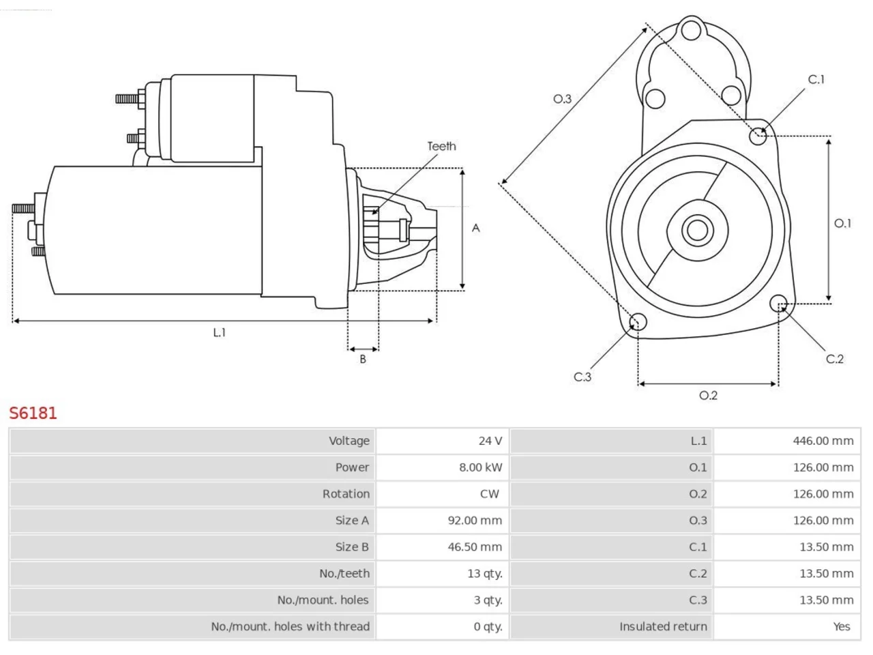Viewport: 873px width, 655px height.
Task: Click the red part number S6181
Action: pyautogui.click(x=33, y=413)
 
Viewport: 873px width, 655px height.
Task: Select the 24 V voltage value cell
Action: pyautogui.click(x=442, y=441)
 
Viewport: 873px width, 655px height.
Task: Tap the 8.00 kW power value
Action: pyautogui.click(x=480, y=467)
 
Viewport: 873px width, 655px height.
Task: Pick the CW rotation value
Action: pyautogui.click(x=489, y=494)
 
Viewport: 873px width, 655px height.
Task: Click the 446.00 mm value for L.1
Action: pyautogui.click(x=823, y=441)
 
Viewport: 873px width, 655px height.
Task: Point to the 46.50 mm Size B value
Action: pyautogui.click(x=475, y=547)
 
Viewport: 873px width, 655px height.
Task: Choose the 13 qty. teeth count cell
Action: pyautogui.click(x=442, y=574)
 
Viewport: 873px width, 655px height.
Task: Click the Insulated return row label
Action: pyautogui.click(x=663, y=627)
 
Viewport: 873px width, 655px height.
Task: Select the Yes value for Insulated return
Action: pyautogui.click(x=842, y=627)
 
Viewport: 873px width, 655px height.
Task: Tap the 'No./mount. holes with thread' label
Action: pyautogui.click(x=291, y=627)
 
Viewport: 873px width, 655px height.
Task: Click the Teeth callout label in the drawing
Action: pyautogui.click(x=441, y=146)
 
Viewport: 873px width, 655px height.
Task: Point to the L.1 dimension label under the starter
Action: pyautogui.click(x=219, y=332)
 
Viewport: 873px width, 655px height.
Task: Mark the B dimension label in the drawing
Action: pyautogui.click(x=363, y=359)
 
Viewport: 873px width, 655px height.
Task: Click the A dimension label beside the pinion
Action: pyautogui.click(x=475, y=229)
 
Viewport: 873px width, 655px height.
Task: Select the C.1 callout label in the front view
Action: pyautogui.click(x=816, y=80)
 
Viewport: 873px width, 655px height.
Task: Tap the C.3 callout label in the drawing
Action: pyautogui.click(x=582, y=377)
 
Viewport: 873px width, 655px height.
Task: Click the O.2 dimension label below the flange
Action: pyautogui.click(x=709, y=396)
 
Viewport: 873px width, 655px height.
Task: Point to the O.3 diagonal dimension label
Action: pyautogui.click(x=562, y=99)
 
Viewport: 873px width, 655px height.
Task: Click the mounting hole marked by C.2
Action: pyautogui.click(x=778, y=304)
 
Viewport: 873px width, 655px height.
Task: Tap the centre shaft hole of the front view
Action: pyautogui.click(x=697, y=230)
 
